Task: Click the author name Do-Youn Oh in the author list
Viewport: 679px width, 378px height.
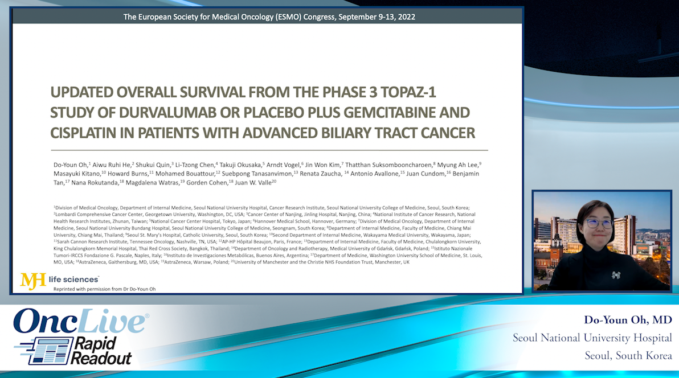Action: click(x=71, y=164)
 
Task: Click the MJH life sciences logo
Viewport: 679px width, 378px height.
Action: click(x=59, y=280)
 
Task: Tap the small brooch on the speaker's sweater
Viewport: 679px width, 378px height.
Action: click(x=616, y=275)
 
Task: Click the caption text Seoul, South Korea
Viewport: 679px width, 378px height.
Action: click(x=628, y=355)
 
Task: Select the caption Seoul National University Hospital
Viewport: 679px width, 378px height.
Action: click(x=592, y=338)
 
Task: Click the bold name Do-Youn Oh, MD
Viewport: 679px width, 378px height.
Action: click(x=628, y=319)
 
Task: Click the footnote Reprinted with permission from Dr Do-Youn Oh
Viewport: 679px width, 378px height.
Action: click(x=104, y=289)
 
